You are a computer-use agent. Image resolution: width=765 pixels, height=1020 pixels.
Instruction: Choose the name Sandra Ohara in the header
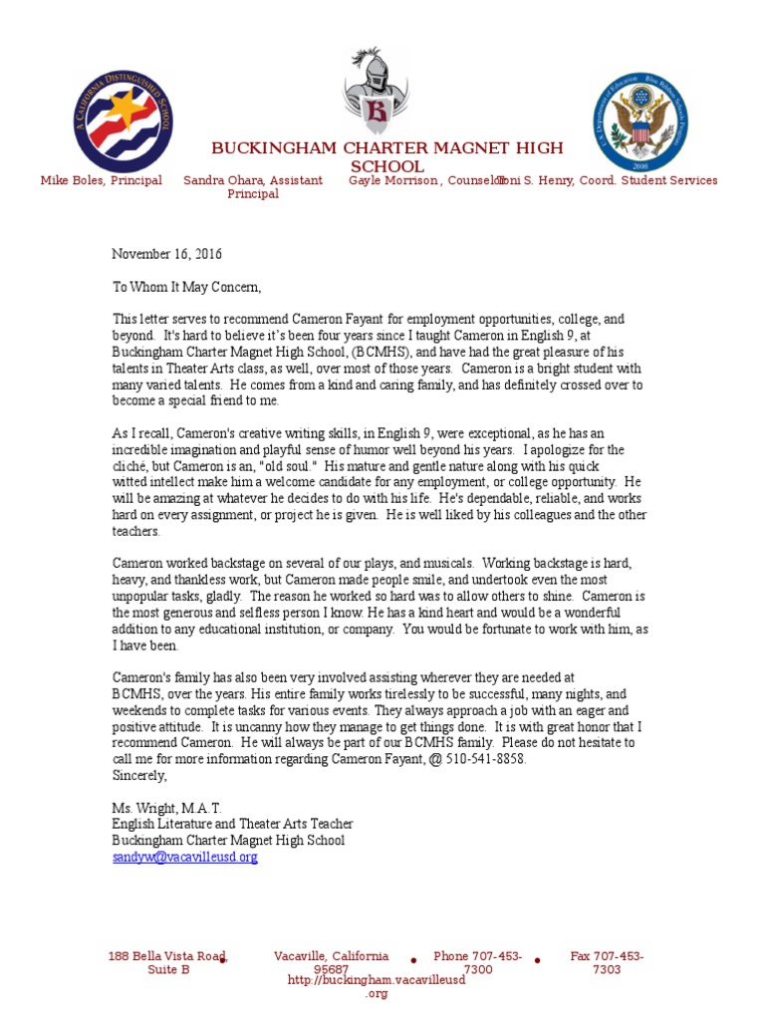point(222,180)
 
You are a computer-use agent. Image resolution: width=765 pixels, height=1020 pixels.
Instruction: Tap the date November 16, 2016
point(166,254)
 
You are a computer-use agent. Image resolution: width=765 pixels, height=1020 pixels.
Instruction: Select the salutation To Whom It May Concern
point(186,287)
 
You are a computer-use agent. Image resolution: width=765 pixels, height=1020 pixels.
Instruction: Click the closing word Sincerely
point(139,774)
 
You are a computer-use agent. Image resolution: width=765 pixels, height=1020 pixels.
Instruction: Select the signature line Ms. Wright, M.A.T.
point(166,807)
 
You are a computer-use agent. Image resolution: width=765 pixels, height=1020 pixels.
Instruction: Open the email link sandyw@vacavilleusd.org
point(184,856)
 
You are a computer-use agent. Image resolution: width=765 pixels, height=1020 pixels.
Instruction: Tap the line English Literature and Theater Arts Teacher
point(232,824)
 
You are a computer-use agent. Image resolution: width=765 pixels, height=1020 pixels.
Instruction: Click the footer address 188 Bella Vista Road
point(167,956)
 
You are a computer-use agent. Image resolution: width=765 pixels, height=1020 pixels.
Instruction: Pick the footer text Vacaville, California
point(331,956)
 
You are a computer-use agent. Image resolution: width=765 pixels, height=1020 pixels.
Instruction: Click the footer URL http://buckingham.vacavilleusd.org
point(376,980)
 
